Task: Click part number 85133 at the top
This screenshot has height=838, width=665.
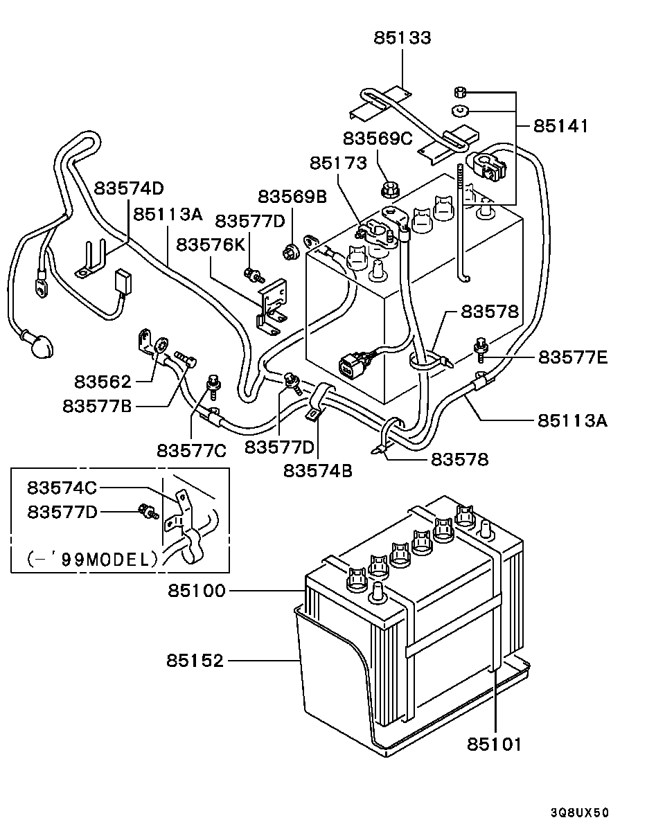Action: [x=402, y=37]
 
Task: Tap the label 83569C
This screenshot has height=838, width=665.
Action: [x=378, y=139]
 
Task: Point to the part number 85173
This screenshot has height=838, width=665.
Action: [x=337, y=163]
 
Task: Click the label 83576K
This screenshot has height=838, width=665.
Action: [x=211, y=244]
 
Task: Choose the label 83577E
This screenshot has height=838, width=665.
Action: [x=573, y=357]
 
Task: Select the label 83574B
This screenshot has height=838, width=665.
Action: [x=317, y=472]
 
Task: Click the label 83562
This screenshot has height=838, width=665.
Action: [x=103, y=382]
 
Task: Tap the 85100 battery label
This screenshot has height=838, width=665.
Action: [x=196, y=591]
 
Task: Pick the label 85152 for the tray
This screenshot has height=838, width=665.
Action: [x=195, y=661]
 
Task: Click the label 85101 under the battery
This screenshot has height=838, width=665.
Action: [x=494, y=745]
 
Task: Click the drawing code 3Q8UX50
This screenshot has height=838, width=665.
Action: [x=580, y=812]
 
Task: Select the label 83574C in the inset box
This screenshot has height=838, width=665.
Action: [x=62, y=488]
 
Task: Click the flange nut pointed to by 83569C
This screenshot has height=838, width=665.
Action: [x=390, y=188]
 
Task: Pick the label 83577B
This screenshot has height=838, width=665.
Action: [x=97, y=406]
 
